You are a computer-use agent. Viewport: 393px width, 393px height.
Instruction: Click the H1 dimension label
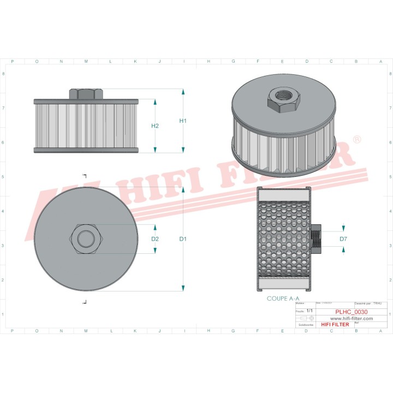(183, 121)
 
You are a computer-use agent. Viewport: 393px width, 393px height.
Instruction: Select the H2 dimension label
(155, 126)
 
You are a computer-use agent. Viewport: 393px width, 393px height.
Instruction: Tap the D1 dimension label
(183, 239)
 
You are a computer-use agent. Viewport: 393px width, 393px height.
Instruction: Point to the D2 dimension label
(155, 239)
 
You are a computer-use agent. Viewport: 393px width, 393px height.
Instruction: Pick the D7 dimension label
(343, 239)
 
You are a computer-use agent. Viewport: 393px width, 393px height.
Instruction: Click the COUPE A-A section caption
(283, 299)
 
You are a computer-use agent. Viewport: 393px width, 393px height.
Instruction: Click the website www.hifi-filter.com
(351, 318)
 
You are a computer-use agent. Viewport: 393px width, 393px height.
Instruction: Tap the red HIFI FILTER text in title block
(335, 324)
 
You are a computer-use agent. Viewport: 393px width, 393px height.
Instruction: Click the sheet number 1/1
(310, 310)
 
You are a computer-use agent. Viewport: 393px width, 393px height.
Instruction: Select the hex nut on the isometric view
(282, 99)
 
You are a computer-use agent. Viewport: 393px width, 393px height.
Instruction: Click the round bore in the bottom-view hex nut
(85, 238)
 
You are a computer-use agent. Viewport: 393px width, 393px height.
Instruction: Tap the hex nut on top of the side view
(86, 93)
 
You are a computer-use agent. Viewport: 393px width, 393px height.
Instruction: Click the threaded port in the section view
(316, 239)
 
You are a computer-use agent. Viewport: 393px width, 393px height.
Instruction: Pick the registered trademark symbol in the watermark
(356, 140)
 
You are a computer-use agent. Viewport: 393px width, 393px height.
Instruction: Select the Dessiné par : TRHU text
(368, 302)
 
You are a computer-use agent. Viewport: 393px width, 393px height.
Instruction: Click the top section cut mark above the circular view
(85, 176)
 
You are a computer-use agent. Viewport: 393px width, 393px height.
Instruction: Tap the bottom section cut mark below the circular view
(85, 301)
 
